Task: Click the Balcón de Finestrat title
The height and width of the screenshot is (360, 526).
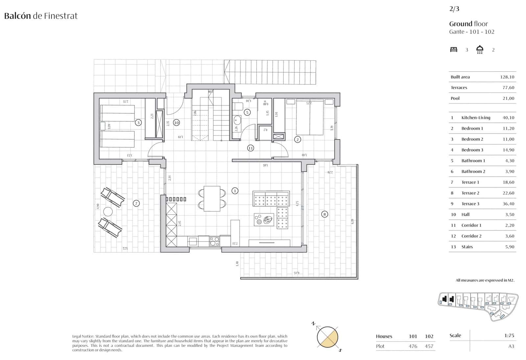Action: click(x=41, y=16)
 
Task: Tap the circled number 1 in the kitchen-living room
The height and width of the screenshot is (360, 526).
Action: click(x=235, y=191)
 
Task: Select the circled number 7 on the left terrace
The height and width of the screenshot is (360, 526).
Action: click(x=136, y=203)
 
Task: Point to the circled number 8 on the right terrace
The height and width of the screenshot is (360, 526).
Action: click(x=324, y=214)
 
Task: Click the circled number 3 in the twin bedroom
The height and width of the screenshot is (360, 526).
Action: click(x=138, y=123)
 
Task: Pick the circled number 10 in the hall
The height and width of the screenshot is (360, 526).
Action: click(x=177, y=123)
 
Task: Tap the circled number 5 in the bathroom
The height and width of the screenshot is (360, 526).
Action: click(x=247, y=112)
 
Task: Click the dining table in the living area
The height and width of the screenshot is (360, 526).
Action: click(x=212, y=199)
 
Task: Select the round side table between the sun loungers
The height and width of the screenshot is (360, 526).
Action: click(x=108, y=211)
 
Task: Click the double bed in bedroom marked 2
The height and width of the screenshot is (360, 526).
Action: click(x=310, y=117)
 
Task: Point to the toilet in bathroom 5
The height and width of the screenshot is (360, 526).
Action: click(x=237, y=106)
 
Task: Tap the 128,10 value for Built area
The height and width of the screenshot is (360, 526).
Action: click(x=507, y=77)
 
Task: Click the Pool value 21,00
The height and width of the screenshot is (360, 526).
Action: click(x=508, y=98)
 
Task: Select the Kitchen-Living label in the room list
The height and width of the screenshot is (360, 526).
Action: click(x=475, y=118)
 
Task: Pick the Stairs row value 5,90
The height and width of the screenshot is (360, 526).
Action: click(x=510, y=247)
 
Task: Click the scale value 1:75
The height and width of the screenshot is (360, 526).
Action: click(x=509, y=335)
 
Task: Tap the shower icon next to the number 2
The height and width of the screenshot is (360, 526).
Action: click(x=480, y=50)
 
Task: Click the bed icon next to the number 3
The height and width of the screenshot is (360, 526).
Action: click(x=454, y=50)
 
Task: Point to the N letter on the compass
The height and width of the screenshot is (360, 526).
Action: click(x=313, y=324)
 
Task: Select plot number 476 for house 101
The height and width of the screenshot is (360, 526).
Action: click(x=413, y=346)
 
